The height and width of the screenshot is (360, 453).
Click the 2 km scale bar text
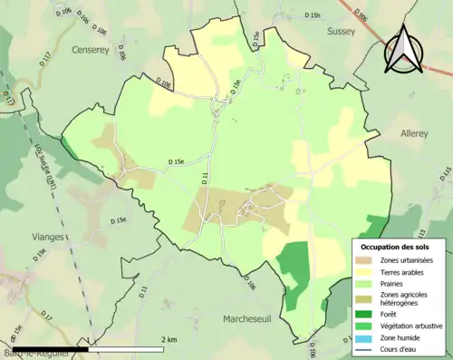point(169,339)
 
